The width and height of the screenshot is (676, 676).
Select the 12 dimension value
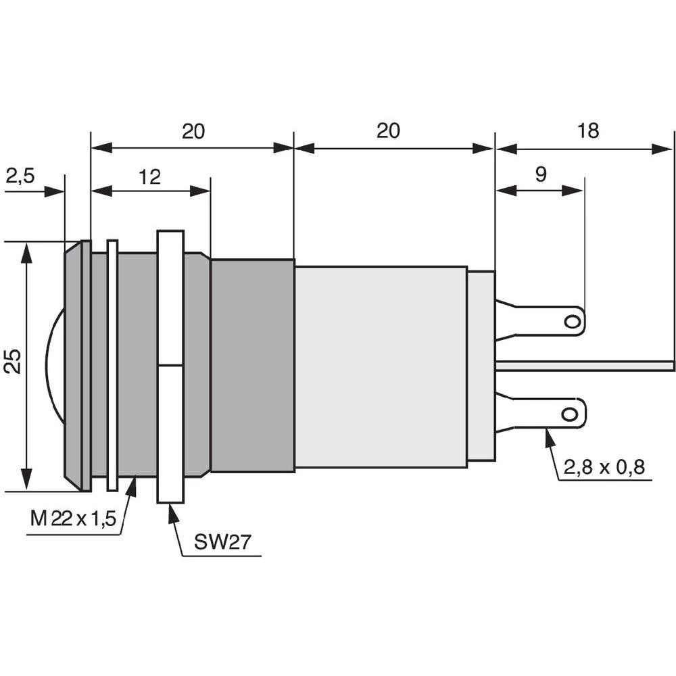pyautogui.click(x=149, y=177)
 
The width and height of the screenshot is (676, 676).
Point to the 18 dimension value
pyautogui.click(x=588, y=131)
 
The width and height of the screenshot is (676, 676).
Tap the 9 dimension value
pyautogui.click(x=540, y=175)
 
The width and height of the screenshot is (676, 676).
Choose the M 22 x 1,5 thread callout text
pyautogui.click(x=74, y=519)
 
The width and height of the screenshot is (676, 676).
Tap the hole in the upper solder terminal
pyautogui.click(x=573, y=321)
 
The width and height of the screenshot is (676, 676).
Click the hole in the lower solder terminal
pyautogui.click(x=571, y=413)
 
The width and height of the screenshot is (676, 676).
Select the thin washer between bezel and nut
pyautogui.click(x=112, y=365)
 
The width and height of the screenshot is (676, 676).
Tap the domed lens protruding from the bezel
pyautogui.click(x=54, y=365)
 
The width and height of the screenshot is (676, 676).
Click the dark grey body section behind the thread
pyautogui.click(x=252, y=365)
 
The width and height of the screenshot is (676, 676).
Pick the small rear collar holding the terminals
pyautogui.click(x=481, y=365)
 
